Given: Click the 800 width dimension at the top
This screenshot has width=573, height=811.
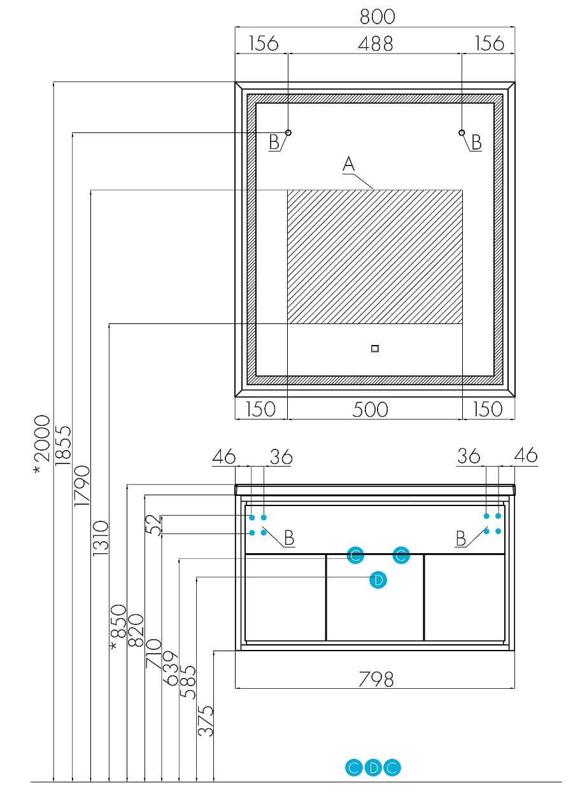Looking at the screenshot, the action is pos(377,17).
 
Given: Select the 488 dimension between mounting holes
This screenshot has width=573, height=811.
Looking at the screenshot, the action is pos(375,44).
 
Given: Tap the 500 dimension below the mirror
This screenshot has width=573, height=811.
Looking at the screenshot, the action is pos(370,409).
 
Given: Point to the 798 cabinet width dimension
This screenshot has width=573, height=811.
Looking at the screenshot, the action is pos(376,680).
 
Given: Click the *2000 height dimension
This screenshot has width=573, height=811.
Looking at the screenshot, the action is pos(41,444).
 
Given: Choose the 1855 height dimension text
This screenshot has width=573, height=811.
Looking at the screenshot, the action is pos(63,446).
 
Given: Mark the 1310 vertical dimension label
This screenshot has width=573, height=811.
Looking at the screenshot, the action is pos(101,538).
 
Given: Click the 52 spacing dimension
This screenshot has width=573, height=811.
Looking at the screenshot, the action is pos(153,525).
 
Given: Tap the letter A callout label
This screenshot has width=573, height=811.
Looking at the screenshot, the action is pos(348,164).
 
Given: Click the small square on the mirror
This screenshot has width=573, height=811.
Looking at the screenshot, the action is pos(375,348).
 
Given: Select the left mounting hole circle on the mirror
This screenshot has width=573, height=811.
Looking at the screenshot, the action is pos(288,132).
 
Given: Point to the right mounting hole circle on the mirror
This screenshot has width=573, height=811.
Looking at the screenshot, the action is pos(462,132).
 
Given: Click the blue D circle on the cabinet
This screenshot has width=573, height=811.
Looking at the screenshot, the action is pos(378,580).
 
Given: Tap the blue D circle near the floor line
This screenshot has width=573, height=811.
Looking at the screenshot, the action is pos(373,768).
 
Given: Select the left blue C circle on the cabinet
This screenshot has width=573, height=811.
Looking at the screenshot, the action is pos(355,555).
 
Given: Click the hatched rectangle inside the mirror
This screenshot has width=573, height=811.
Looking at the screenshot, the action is pos(375,257).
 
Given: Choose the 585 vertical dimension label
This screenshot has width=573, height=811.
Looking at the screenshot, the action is pos(188,682).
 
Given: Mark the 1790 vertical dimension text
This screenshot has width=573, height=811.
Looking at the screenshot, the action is pos(81,486).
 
